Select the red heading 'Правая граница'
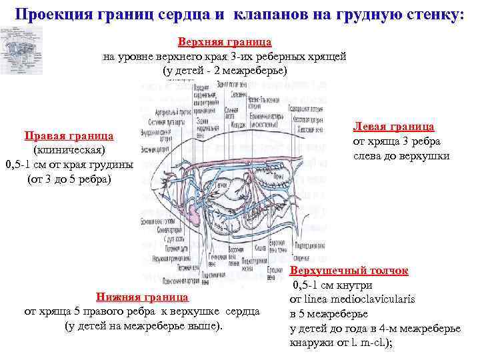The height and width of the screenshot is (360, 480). click(69, 136)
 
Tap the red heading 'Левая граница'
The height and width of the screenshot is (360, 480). click(403, 126)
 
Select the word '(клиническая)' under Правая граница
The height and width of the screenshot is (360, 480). click(69, 151)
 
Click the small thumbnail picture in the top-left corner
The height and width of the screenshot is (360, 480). click(22, 47)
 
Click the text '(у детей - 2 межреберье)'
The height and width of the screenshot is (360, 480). click(224, 71)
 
